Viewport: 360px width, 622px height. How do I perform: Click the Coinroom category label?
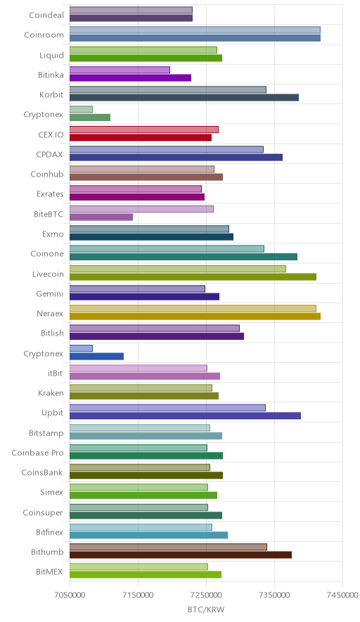pyautogui.click(x=44, y=35)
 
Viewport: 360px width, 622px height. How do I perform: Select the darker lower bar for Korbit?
pyautogui.click(x=184, y=98)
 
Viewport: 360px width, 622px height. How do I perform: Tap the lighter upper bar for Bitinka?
pyautogui.click(x=120, y=70)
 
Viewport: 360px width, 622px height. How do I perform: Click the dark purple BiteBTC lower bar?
pyautogui.click(x=101, y=217)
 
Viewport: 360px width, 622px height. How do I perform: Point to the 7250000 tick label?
pyautogui.click(x=206, y=595)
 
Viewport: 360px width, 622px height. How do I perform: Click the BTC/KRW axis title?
pyautogui.click(x=206, y=610)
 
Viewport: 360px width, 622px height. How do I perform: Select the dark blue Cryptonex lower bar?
pyautogui.click(x=97, y=356)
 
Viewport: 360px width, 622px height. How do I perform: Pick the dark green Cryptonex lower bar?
pyautogui.click(x=90, y=118)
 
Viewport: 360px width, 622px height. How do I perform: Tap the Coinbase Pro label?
pyautogui.click(x=37, y=452)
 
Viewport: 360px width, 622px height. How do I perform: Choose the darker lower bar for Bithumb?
pyautogui.click(x=181, y=555)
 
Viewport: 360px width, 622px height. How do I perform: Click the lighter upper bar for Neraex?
pyautogui.click(x=193, y=308)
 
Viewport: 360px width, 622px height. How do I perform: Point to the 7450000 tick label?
pyautogui.click(x=342, y=595)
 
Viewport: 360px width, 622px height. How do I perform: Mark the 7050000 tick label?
pyautogui.click(x=70, y=595)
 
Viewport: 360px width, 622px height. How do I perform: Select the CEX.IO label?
pyautogui.click(x=51, y=134)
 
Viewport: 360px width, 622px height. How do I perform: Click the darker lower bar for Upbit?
pyautogui.click(x=185, y=416)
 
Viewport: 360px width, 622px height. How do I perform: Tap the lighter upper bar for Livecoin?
pyautogui.click(x=178, y=269)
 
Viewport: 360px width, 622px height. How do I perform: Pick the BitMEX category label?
pyautogui.click(x=49, y=571)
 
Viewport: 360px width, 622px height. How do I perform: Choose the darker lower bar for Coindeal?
pyautogui.click(x=131, y=18)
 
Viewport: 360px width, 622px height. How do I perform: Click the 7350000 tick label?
pyautogui.click(x=274, y=595)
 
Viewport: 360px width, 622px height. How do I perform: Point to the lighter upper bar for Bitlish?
pyautogui.click(x=155, y=329)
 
